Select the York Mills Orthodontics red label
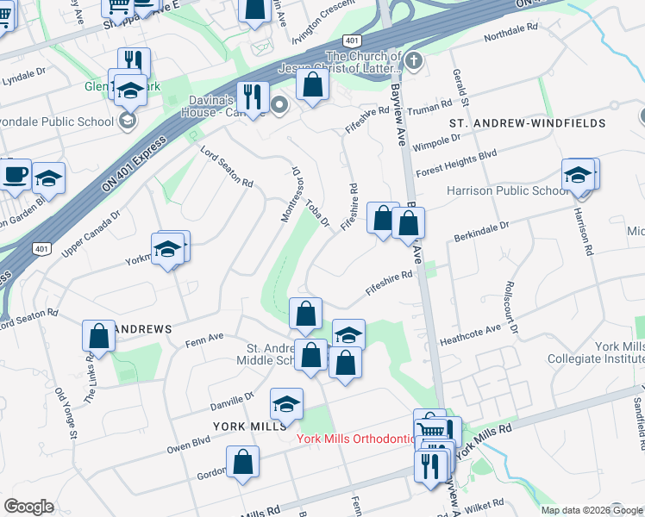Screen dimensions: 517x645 (x=356, y=438)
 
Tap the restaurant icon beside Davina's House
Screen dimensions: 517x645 (x=252, y=97)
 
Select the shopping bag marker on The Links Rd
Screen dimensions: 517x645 (x=99, y=334)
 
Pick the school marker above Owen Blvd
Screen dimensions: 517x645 (x=287, y=402)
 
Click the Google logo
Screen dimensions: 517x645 (x=28, y=507)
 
